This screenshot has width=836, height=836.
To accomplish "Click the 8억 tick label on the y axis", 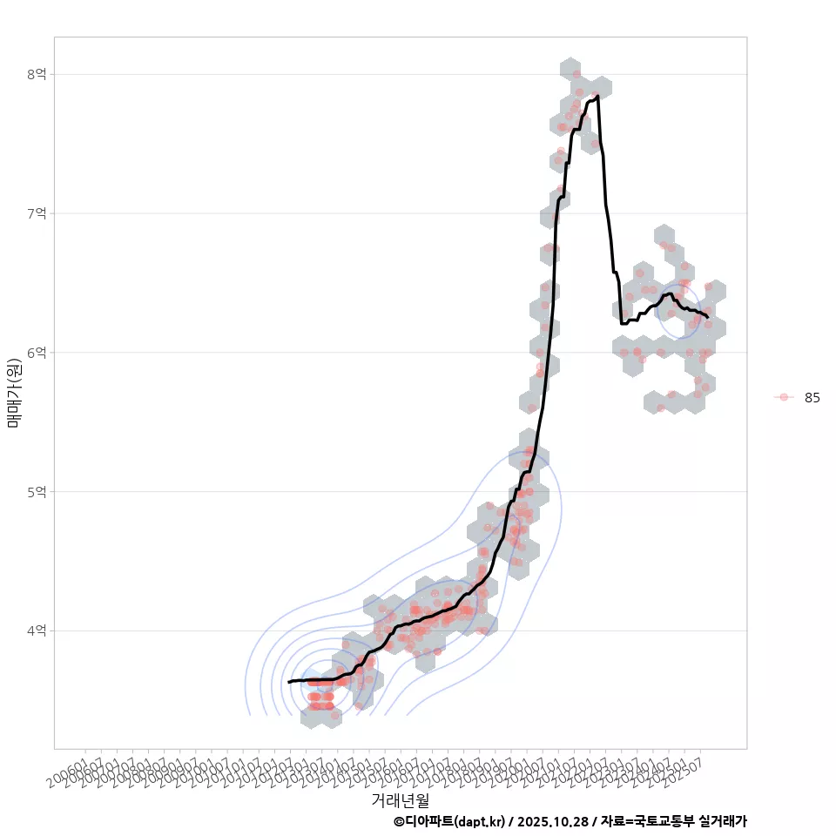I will (x=37, y=75).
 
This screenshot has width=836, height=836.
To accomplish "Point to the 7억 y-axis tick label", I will (x=37, y=213).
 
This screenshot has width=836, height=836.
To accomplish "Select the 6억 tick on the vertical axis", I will (x=37, y=353).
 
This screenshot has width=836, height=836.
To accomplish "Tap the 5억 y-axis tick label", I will (x=37, y=491).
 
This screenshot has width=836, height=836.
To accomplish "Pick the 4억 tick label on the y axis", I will (x=37, y=630).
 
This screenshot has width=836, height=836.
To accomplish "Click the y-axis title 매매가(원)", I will (x=14, y=392).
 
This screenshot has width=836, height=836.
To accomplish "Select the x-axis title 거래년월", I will (x=401, y=799).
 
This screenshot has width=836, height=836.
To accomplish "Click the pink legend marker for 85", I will (x=784, y=397).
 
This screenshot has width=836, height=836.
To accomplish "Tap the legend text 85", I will (x=812, y=397).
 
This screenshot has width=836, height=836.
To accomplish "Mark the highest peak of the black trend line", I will (x=597, y=96).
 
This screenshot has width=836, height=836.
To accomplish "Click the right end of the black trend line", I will (x=708, y=318).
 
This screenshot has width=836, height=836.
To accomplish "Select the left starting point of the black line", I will (x=288, y=682).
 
